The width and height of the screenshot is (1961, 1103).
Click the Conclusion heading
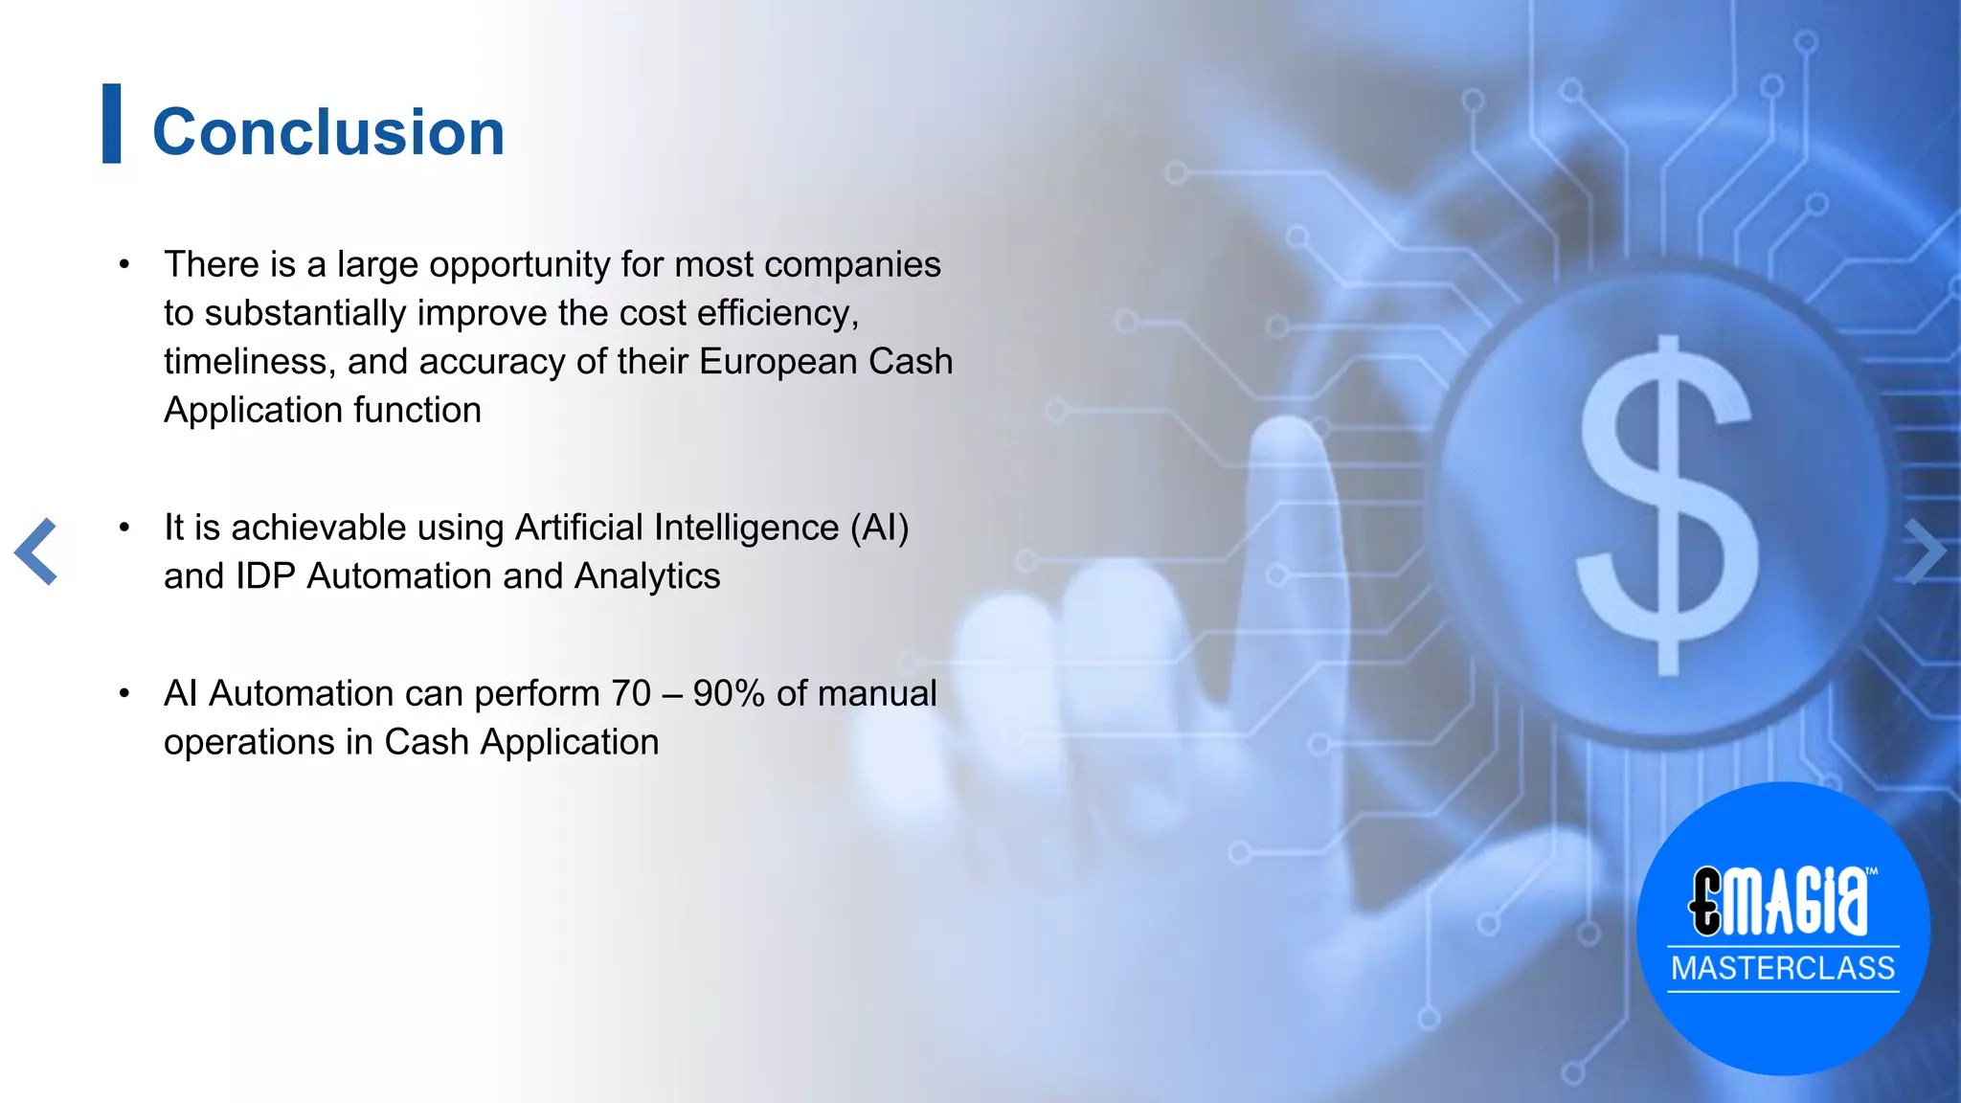[328, 132]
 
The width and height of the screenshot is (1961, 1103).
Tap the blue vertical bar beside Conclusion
[112, 124]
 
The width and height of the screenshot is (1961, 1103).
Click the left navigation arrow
[36, 551]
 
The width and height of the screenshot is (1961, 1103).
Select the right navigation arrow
[1925, 551]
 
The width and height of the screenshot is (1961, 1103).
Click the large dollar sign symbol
[1667, 505]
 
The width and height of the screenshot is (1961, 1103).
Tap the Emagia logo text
[1780, 901]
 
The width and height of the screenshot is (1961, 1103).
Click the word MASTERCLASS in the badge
[1783, 968]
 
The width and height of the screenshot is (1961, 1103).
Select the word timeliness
[249, 362]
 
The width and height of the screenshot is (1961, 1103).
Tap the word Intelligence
[746, 528]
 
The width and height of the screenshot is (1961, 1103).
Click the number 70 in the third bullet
[630, 693]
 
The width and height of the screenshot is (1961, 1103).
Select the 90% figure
[729, 693]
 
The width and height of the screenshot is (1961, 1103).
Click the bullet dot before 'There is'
[124, 265]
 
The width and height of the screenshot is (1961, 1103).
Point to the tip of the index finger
[1288, 431]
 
